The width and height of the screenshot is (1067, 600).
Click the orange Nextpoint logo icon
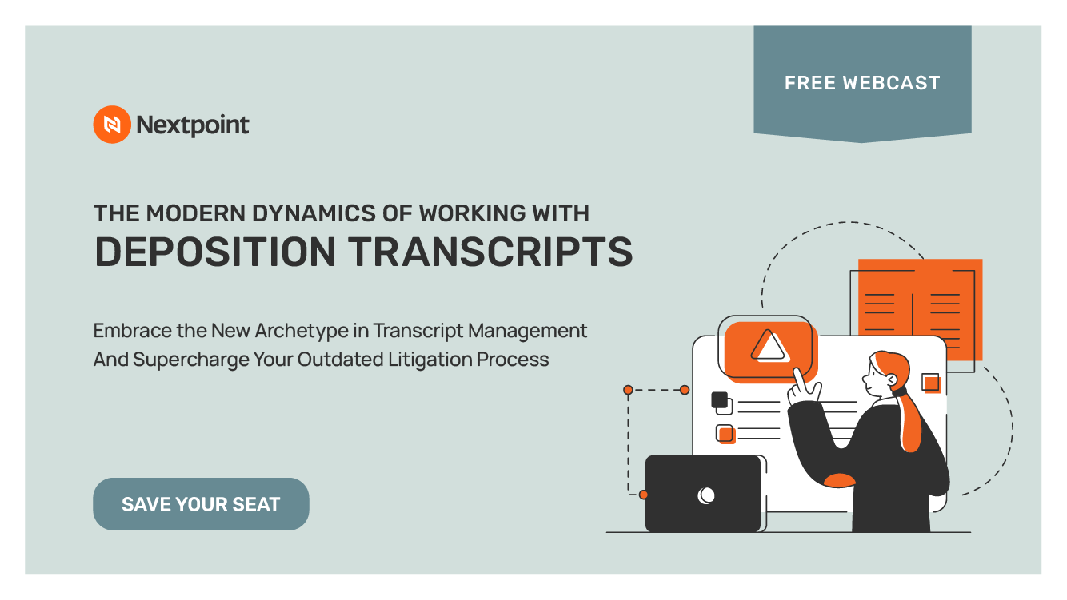coord(111,125)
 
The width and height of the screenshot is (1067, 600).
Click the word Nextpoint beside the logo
coord(193,125)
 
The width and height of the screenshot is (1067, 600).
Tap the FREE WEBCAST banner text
coord(862,83)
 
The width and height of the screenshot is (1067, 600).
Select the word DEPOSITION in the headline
coord(215,251)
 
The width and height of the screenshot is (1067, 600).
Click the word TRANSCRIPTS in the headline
coord(492,251)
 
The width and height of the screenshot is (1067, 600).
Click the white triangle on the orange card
coord(768,346)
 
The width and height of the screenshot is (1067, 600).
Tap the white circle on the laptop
coord(706,495)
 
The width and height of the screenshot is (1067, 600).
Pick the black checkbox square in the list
coord(720,399)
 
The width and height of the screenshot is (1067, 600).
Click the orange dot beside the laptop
coord(644,495)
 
